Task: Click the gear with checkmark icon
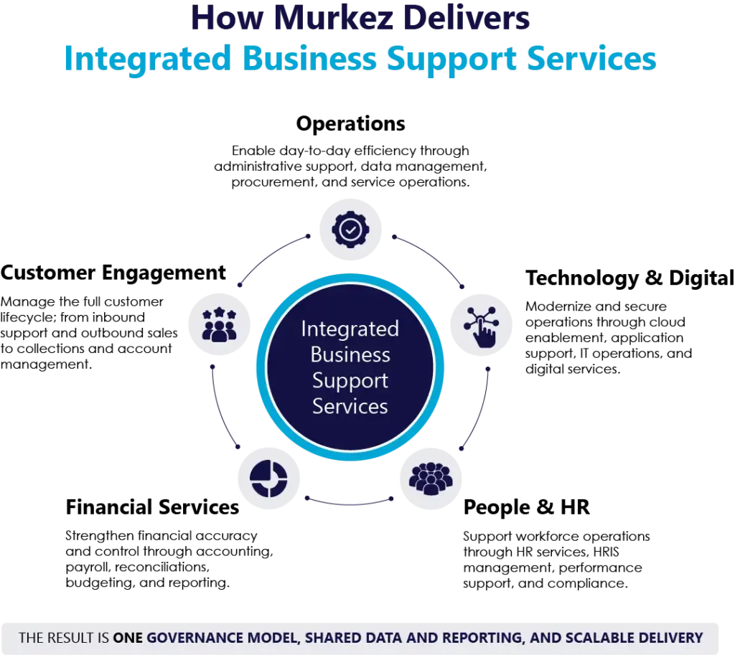click(350, 230)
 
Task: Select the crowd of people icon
click(431, 477)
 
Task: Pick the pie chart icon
click(269, 477)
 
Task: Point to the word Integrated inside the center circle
click(350, 329)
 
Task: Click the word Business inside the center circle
click(350, 354)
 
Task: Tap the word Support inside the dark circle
click(350, 380)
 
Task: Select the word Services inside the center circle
click(350, 406)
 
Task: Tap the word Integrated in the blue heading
click(147, 59)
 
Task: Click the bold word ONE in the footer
click(128, 638)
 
